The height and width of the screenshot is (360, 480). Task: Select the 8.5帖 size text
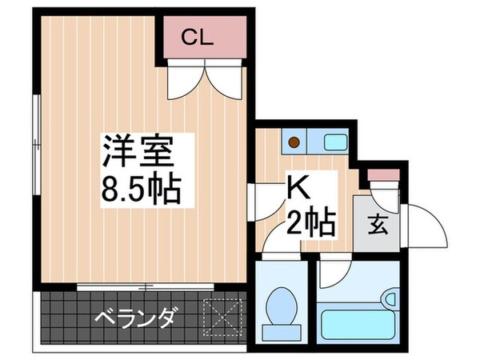(x=141, y=189)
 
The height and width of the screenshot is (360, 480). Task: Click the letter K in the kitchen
(x=298, y=190)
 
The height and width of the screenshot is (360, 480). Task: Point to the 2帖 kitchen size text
(x=308, y=220)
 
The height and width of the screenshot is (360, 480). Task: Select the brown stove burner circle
(x=294, y=143)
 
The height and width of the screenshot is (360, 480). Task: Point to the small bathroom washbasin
(x=391, y=300)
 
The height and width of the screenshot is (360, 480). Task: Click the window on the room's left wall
(x=38, y=136)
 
